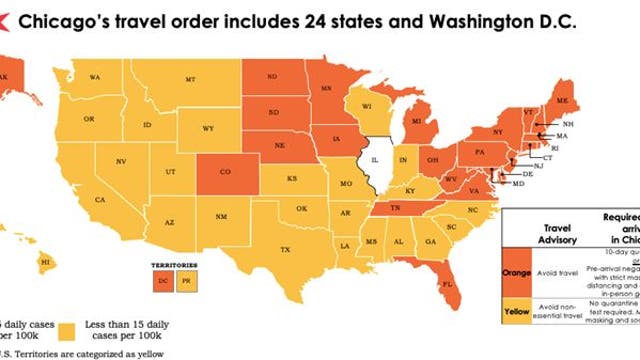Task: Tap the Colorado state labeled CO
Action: coord(225,172)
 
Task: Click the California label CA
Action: coord(100,199)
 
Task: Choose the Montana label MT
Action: coord(190,78)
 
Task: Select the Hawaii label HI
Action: coord(45,262)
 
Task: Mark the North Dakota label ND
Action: coord(272,73)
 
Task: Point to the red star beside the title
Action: coord(8,21)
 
